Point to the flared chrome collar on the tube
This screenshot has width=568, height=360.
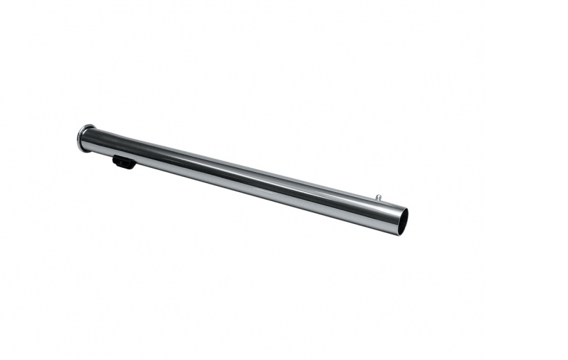point(85,138)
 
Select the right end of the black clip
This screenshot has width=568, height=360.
point(134,164)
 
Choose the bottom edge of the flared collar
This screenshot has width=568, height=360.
point(82,150)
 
